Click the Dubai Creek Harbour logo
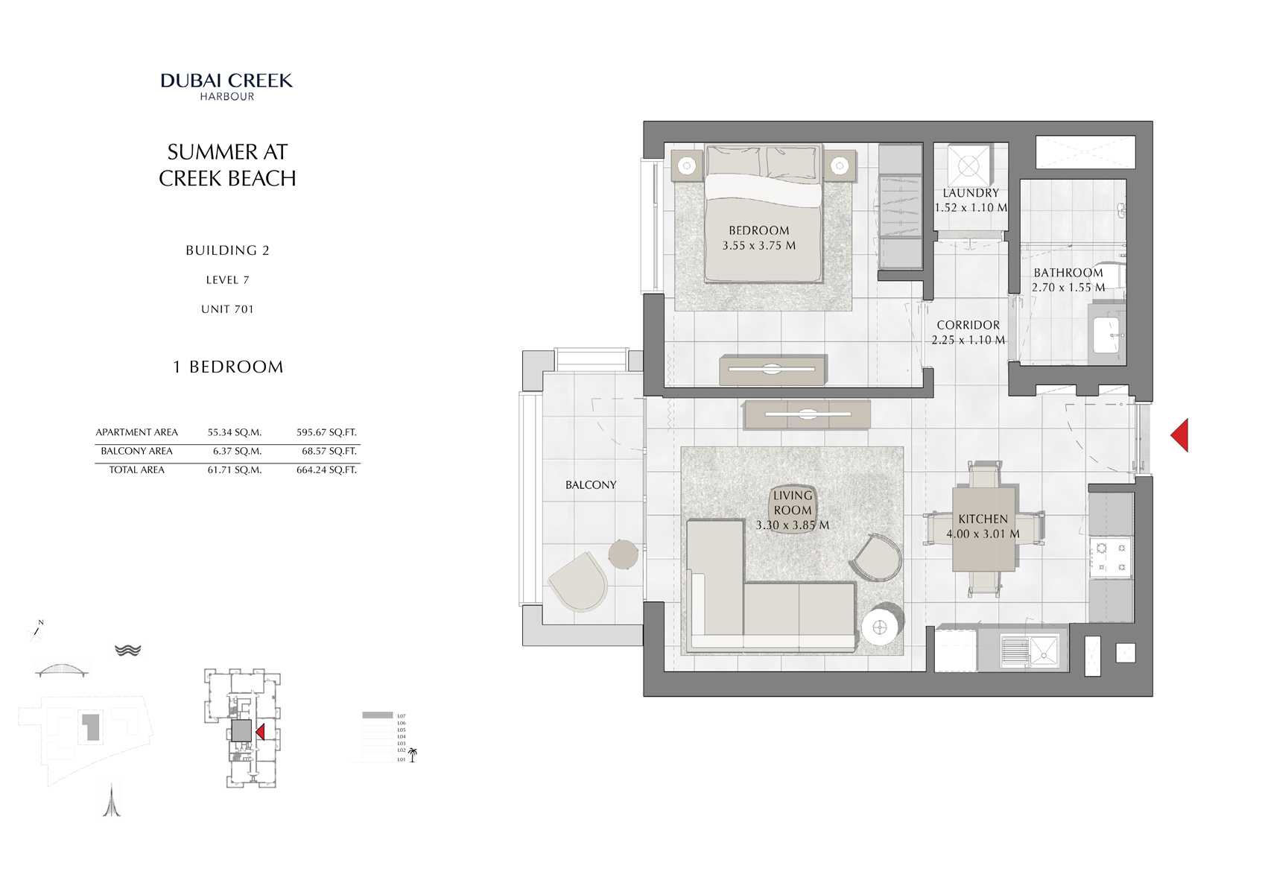[227, 86]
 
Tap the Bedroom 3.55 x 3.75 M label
[758, 238]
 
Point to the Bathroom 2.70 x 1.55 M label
[1068, 279]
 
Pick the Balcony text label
[591, 484]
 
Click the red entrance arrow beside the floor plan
[1179, 435]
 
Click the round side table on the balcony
[623, 554]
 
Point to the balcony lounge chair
[578, 581]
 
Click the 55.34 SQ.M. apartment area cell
[234, 432]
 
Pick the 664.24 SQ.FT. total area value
[326, 470]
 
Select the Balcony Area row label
[136, 451]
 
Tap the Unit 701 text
[227, 309]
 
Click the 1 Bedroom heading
[228, 367]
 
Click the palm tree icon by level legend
[413, 755]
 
